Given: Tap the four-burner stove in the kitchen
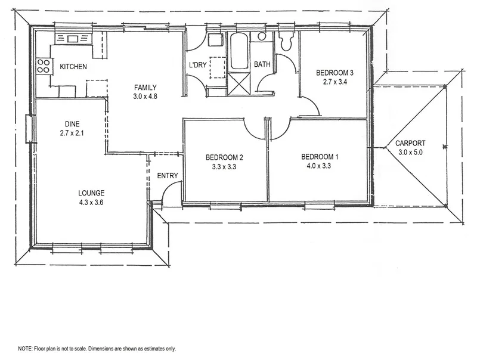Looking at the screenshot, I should (43, 66).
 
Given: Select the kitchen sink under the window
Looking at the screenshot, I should (72, 39).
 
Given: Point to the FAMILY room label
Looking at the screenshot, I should (145, 86).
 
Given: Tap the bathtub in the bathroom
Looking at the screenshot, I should (238, 52).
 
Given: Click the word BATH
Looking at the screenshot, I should (262, 64).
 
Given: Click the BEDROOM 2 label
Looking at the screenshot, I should (224, 157).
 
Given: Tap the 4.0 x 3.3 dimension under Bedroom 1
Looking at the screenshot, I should (320, 166).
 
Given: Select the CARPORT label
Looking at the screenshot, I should (411, 143).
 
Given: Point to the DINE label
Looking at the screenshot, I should (73, 124).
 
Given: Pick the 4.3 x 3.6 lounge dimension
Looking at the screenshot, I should (91, 202).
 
